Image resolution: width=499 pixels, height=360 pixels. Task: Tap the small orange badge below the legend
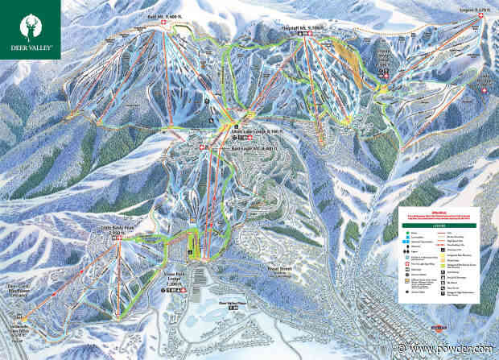coord(439,329)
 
